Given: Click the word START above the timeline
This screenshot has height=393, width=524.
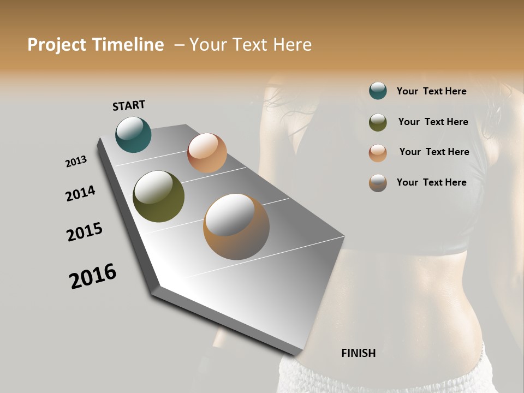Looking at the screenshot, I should tap(129, 105).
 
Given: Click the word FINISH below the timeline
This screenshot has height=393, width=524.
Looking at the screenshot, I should tap(358, 353).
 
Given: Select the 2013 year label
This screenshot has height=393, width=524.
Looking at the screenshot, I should tap(76, 162).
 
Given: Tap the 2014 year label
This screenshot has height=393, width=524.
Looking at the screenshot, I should tap(80, 193).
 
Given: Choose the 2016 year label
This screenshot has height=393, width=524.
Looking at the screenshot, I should tap(93, 276).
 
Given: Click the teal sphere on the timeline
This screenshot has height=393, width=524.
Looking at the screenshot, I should tap(133, 134).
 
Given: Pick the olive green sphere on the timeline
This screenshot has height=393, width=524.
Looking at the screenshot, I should tap(158, 196).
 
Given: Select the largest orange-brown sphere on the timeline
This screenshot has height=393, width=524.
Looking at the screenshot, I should tap(236, 227).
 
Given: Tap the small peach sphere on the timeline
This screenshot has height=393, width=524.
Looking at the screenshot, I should tap(207, 153).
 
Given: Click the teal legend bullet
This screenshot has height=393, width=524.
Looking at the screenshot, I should tap(378, 91).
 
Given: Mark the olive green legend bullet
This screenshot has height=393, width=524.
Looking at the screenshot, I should tap(378, 122).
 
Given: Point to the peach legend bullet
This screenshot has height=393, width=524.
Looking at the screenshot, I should tap(378, 153).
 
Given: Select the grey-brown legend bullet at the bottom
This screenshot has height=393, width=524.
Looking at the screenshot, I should tap(378, 183).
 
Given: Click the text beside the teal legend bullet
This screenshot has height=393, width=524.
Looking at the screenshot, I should tap(431, 92).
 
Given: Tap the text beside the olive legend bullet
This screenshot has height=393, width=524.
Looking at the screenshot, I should tap(433, 122).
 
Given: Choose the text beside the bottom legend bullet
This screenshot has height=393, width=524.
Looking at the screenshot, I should tap(431, 182).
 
